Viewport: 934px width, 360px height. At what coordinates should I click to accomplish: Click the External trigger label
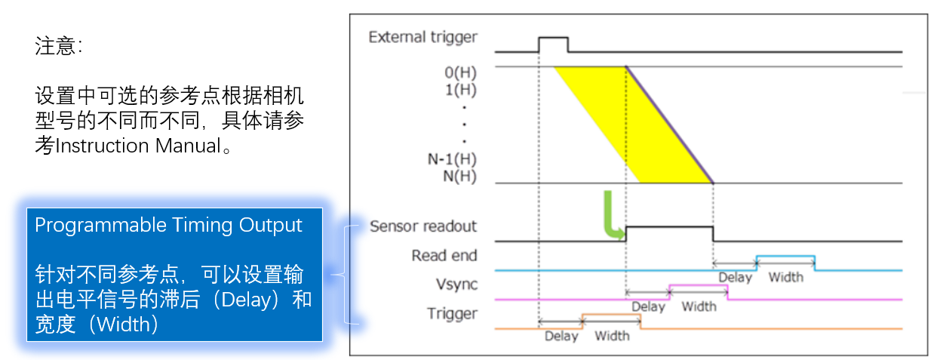point(422,36)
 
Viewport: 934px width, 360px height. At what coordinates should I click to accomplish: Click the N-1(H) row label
point(451,160)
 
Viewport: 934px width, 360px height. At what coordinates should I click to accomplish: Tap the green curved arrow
point(613,216)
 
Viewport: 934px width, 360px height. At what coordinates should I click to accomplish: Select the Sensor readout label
point(422,226)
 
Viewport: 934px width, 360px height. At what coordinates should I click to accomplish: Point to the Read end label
point(444,256)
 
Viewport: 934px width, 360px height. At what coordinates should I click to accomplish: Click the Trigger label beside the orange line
point(452,314)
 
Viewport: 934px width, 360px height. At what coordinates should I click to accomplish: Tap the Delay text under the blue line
point(735,277)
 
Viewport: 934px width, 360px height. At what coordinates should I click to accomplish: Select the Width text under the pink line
point(699,306)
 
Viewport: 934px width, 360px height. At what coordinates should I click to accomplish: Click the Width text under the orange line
point(612,336)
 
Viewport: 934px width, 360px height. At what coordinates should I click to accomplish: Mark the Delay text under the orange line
point(561,336)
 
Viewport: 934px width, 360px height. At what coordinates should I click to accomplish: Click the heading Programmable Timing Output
point(169,225)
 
